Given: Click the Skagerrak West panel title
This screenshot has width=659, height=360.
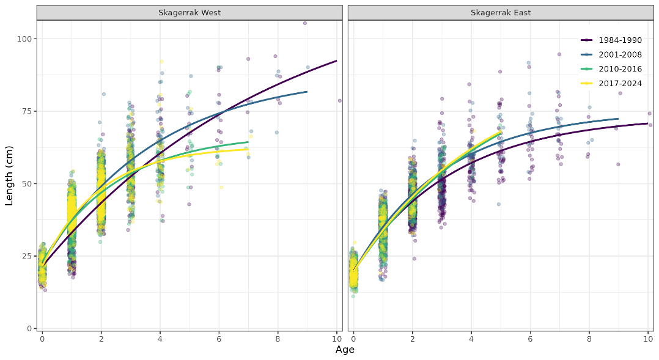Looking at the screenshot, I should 189,12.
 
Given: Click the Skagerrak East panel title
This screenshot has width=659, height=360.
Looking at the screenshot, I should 500,12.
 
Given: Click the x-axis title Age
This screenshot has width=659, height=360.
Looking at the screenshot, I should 345,350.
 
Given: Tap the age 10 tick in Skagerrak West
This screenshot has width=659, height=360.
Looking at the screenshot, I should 336,338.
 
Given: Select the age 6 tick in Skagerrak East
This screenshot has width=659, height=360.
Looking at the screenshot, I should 530,338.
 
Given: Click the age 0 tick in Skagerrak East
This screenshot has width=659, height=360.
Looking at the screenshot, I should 353,338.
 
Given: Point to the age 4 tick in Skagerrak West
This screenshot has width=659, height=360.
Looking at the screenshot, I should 160,338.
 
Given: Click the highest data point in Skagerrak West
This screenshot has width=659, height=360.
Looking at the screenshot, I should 305,23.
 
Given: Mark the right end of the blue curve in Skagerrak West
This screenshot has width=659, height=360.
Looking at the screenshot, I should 307,92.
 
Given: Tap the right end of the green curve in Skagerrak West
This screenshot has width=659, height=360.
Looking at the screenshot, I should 248,142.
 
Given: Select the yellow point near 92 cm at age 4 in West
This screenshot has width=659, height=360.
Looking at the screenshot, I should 161,62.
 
